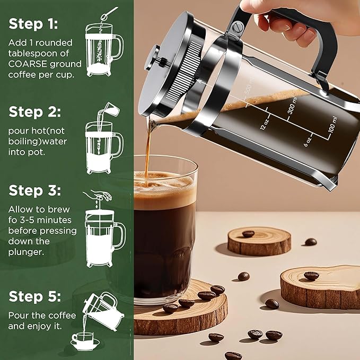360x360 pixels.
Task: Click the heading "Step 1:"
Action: tap(33, 24)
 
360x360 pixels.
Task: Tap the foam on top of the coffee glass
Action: tap(164, 183)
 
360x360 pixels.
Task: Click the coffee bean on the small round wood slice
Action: tap(248, 233)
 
